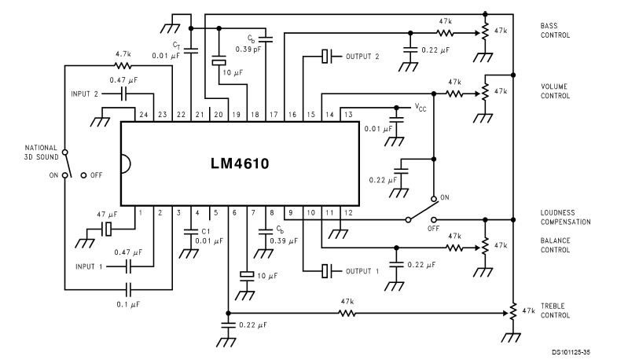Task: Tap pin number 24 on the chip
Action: (x=144, y=115)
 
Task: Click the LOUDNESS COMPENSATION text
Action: (x=565, y=217)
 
